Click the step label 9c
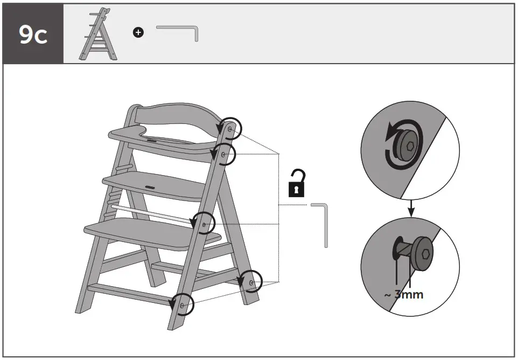pyautogui.click(x=32, y=34)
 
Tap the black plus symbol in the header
pyautogui.click(x=138, y=33)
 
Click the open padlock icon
pyautogui.click(x=297, y=184)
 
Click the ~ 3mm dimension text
pyautogui.click(x=403, y=295)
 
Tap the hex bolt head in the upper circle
pyautogui.click(x=410, y=146)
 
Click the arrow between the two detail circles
pyautogui.click(x=410, y=208)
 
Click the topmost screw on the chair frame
pyautogui.click(x=230, y=129)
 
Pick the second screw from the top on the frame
pyautogui.click(x=223, y=154)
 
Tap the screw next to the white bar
pyautogui.click(x=204, y=223)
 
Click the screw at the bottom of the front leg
pyautogui.click(x=182, y=306)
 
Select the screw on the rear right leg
pyautogui.click(x=251, y=282)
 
